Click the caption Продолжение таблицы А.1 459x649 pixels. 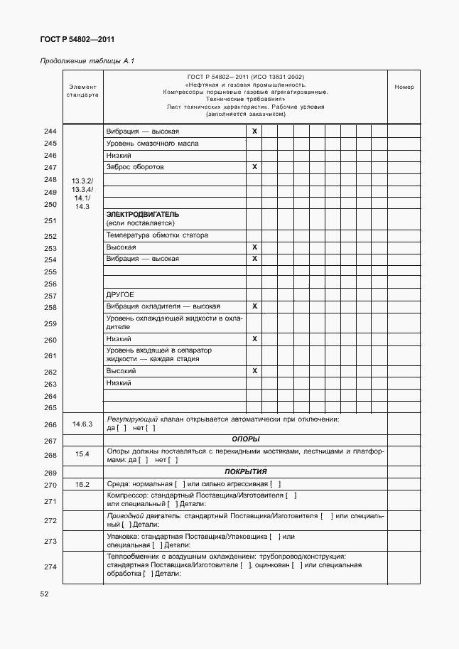pos(87,61)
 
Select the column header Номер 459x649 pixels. pos(404,87)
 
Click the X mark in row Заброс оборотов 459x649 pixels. pos(254,166)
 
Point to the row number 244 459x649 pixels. pos(50,132)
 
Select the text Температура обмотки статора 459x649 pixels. pos(156,235)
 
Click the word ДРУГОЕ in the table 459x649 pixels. pos(120,294)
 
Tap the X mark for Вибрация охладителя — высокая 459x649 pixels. pos(254,306)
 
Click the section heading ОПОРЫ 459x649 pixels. pos(245,439)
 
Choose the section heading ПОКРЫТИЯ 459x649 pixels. pos(245,471)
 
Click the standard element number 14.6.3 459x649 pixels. pos(82,424)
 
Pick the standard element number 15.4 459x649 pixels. pos(82,454)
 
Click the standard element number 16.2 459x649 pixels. pos(82,484)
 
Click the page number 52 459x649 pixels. pos(44,594)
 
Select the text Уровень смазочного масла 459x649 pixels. pos(152,144)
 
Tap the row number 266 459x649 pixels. pos(50,424)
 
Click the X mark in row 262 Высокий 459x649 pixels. pos(254,371)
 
